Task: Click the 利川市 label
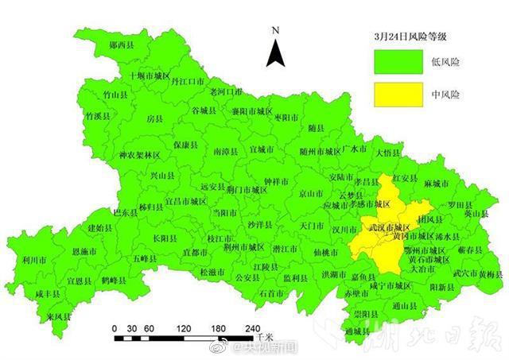coord(34,259)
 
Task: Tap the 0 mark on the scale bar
coord(115,328)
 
